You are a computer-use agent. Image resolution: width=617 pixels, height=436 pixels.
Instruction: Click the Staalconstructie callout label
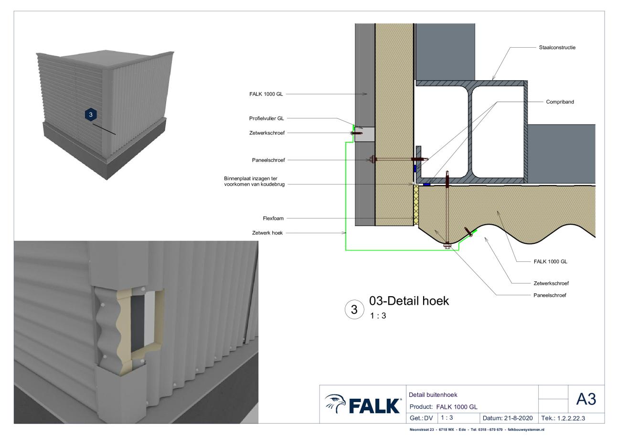[x=557, y=48]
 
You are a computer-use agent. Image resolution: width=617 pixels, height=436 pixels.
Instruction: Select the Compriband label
[x=560, y=102]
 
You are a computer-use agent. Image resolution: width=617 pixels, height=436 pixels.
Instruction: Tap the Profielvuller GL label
[x=266, y=118]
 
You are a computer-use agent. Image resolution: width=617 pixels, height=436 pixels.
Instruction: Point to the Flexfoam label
[x=273, y=218]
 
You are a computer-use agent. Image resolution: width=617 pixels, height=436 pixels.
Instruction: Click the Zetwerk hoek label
[x=267, y=233]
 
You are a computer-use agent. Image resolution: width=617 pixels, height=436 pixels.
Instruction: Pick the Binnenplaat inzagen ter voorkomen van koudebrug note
[x=254, y=181]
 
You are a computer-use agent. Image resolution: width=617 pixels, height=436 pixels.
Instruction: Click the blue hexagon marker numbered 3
[x=91, y=114]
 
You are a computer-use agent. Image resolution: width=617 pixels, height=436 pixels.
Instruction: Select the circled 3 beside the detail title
[x=354, y=310]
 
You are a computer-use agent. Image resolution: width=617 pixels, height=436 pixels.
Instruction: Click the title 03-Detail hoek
[x=409, y=301]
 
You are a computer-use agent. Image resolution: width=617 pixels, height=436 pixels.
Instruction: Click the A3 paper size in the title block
[x=586, y=399]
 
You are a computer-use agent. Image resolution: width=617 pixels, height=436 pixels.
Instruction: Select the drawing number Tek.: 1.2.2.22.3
[x=563, y=418]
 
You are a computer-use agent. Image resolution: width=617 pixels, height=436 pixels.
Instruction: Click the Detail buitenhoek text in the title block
[x=433, y=395]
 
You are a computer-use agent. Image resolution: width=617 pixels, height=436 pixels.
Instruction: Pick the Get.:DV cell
[x=421, y=418]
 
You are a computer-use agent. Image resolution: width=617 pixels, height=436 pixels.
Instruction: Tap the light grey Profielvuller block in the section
[x=364, y=134]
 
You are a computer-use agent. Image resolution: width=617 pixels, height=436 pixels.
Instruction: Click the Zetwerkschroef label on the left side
[x=266, y=133]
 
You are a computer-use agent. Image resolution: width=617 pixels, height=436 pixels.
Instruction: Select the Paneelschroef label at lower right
[x=550, y=295]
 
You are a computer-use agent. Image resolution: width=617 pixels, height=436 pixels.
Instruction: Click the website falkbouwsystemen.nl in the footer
[x=526, y=429]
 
